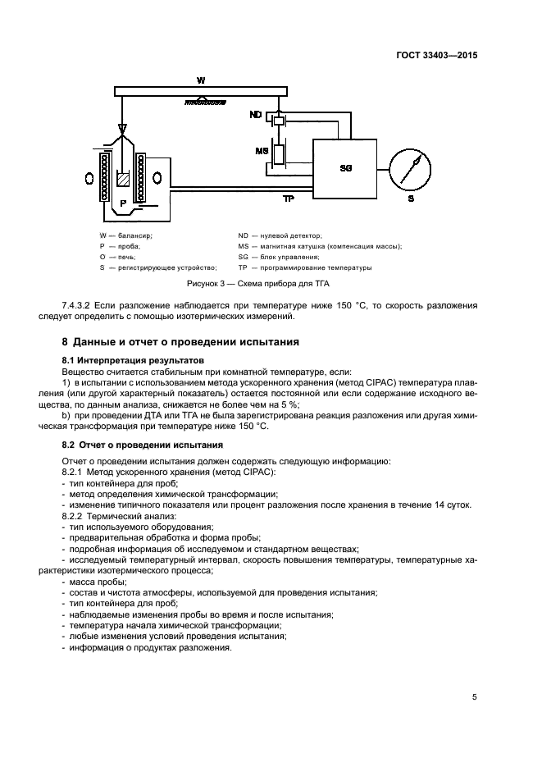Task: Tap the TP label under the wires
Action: click(288, 199)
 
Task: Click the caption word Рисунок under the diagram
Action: click(205, 283)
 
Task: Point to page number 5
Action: click(474, 698)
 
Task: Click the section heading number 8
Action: click(66, 341)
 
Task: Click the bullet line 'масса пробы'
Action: click(91, 582)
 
